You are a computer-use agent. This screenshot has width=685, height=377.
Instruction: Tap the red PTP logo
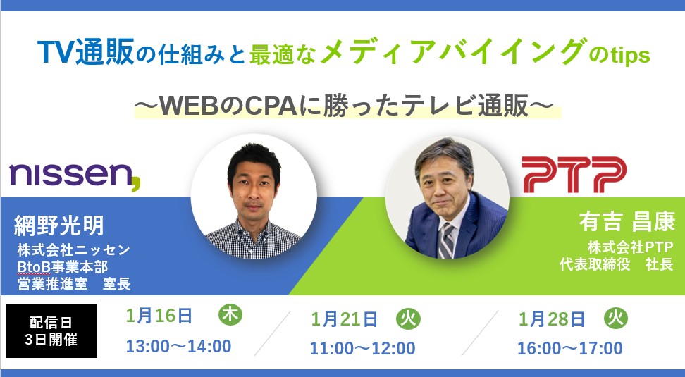(x=574, y=175)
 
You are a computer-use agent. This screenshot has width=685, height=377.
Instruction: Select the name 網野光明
(x=59, y=225)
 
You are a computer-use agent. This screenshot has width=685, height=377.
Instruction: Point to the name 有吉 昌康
(x=627, y=221)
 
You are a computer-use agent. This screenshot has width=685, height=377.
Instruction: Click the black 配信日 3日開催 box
(x=51, y=330)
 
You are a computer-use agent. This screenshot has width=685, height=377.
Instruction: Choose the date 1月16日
(x=159, y=316)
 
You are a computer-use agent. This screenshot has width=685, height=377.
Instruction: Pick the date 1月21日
(x=344, y=320)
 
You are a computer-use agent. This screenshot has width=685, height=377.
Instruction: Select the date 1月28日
(x=552, y=320)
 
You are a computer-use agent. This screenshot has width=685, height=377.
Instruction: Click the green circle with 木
(x=230, y=314)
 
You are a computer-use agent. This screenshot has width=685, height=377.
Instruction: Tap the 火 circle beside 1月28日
(x=616, y=319)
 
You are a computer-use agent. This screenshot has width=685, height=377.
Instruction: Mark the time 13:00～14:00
(x=179, y=347)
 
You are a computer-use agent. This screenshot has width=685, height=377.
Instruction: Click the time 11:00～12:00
(x=363, y=349)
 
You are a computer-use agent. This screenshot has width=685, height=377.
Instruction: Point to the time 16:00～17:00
(x=570, y=349)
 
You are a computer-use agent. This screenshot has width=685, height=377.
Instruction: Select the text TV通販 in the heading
(x=86, y=52)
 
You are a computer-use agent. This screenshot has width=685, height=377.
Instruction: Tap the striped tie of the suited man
(x=446, y=241)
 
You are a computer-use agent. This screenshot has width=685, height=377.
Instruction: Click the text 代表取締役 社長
(x=617, y=264)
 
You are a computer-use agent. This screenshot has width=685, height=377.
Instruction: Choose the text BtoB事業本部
(x=63, y=267)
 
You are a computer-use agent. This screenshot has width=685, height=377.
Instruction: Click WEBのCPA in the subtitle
(x=228, y=106)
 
